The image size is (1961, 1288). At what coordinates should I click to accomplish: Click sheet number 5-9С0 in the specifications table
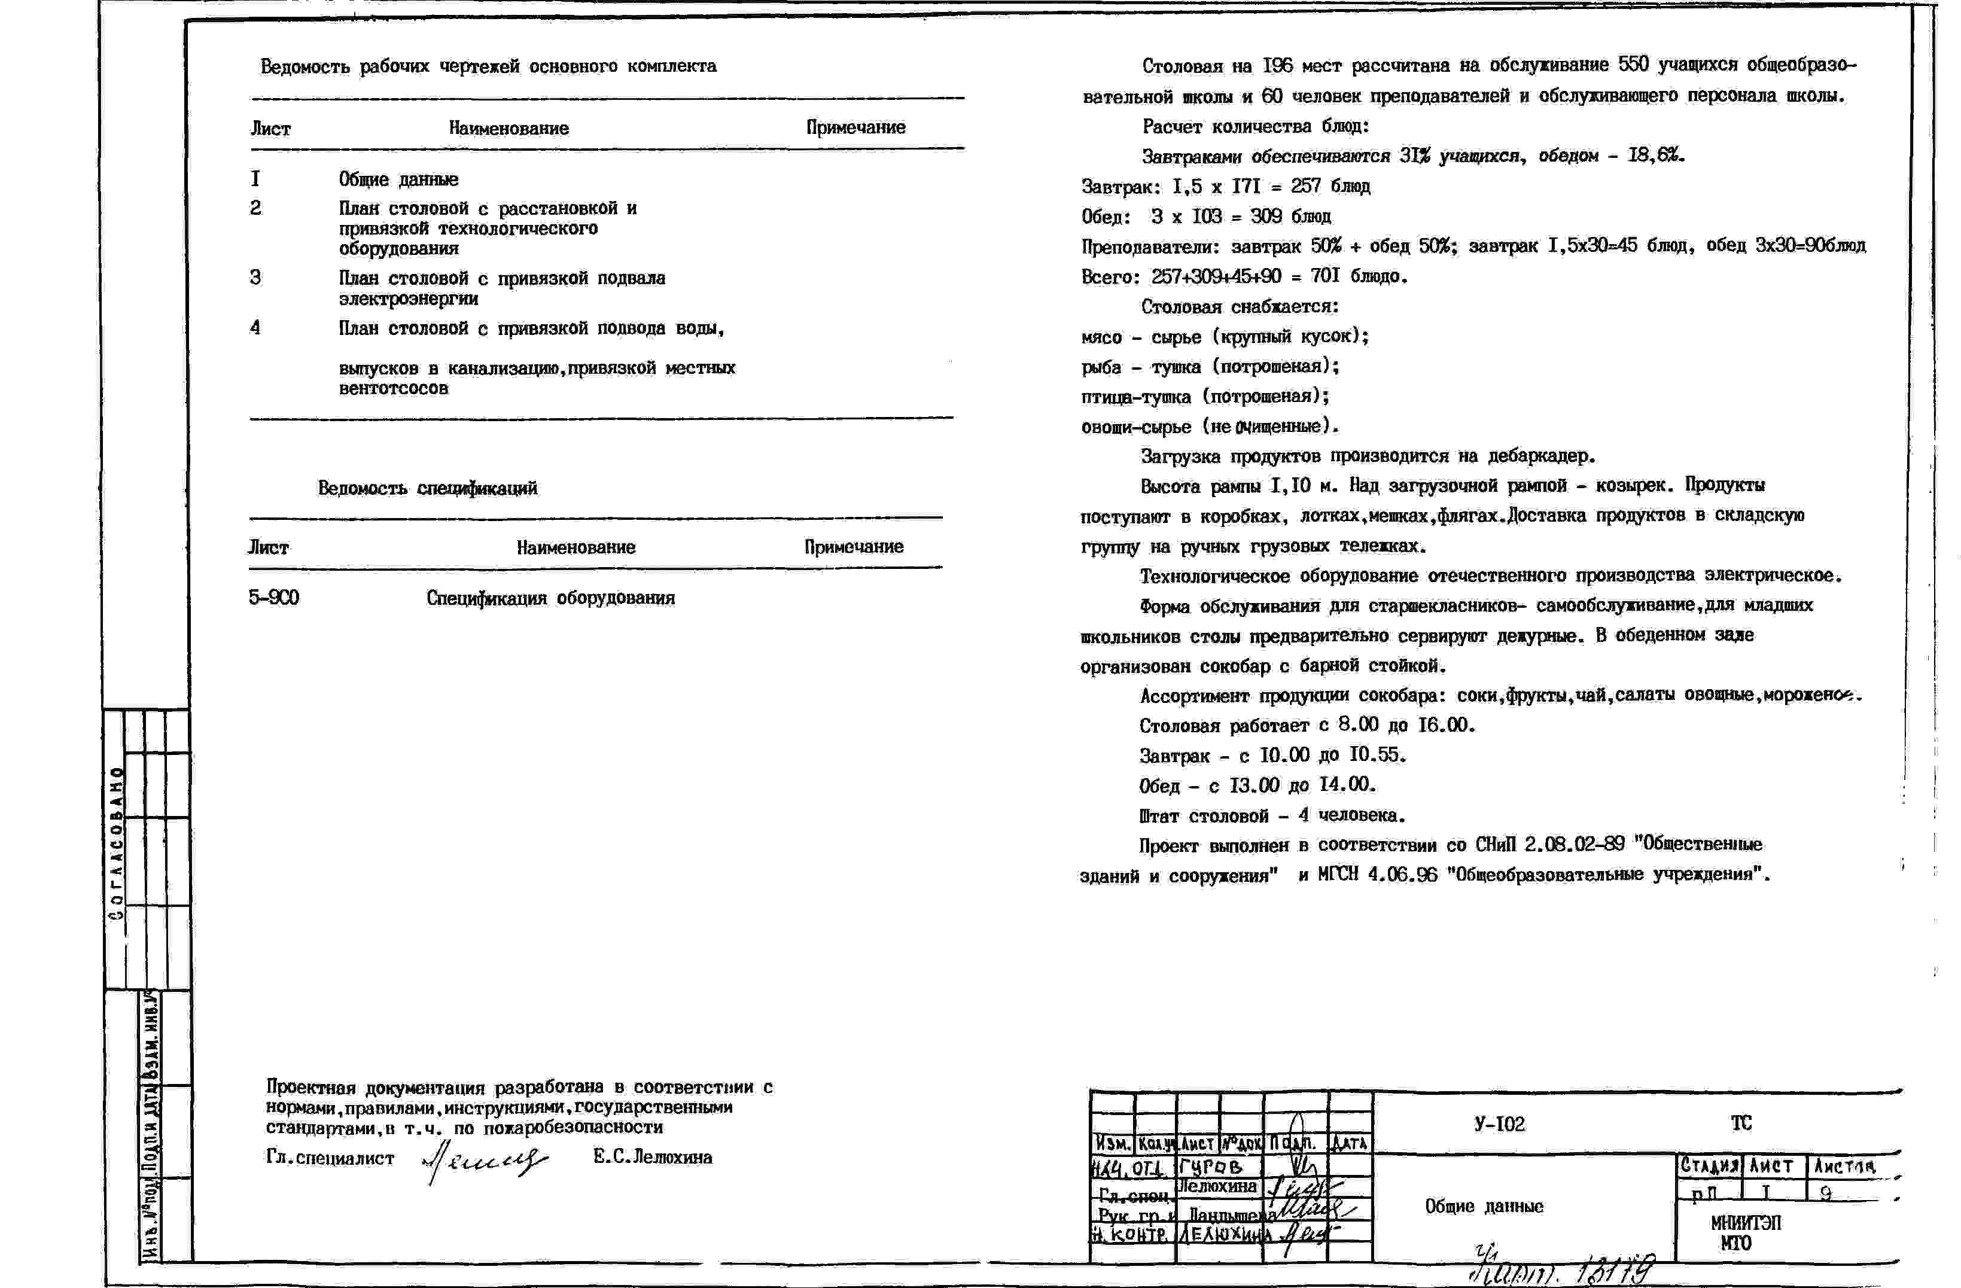tap(273, 598)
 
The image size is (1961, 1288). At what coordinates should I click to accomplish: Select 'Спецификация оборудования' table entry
tap(550, 598)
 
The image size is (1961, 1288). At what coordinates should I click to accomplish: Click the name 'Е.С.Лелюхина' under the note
tap(653, 1157)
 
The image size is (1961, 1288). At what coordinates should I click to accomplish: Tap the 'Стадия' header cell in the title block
tap(1709, 1166)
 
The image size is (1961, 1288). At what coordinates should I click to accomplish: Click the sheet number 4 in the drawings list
tap(255, 328)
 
